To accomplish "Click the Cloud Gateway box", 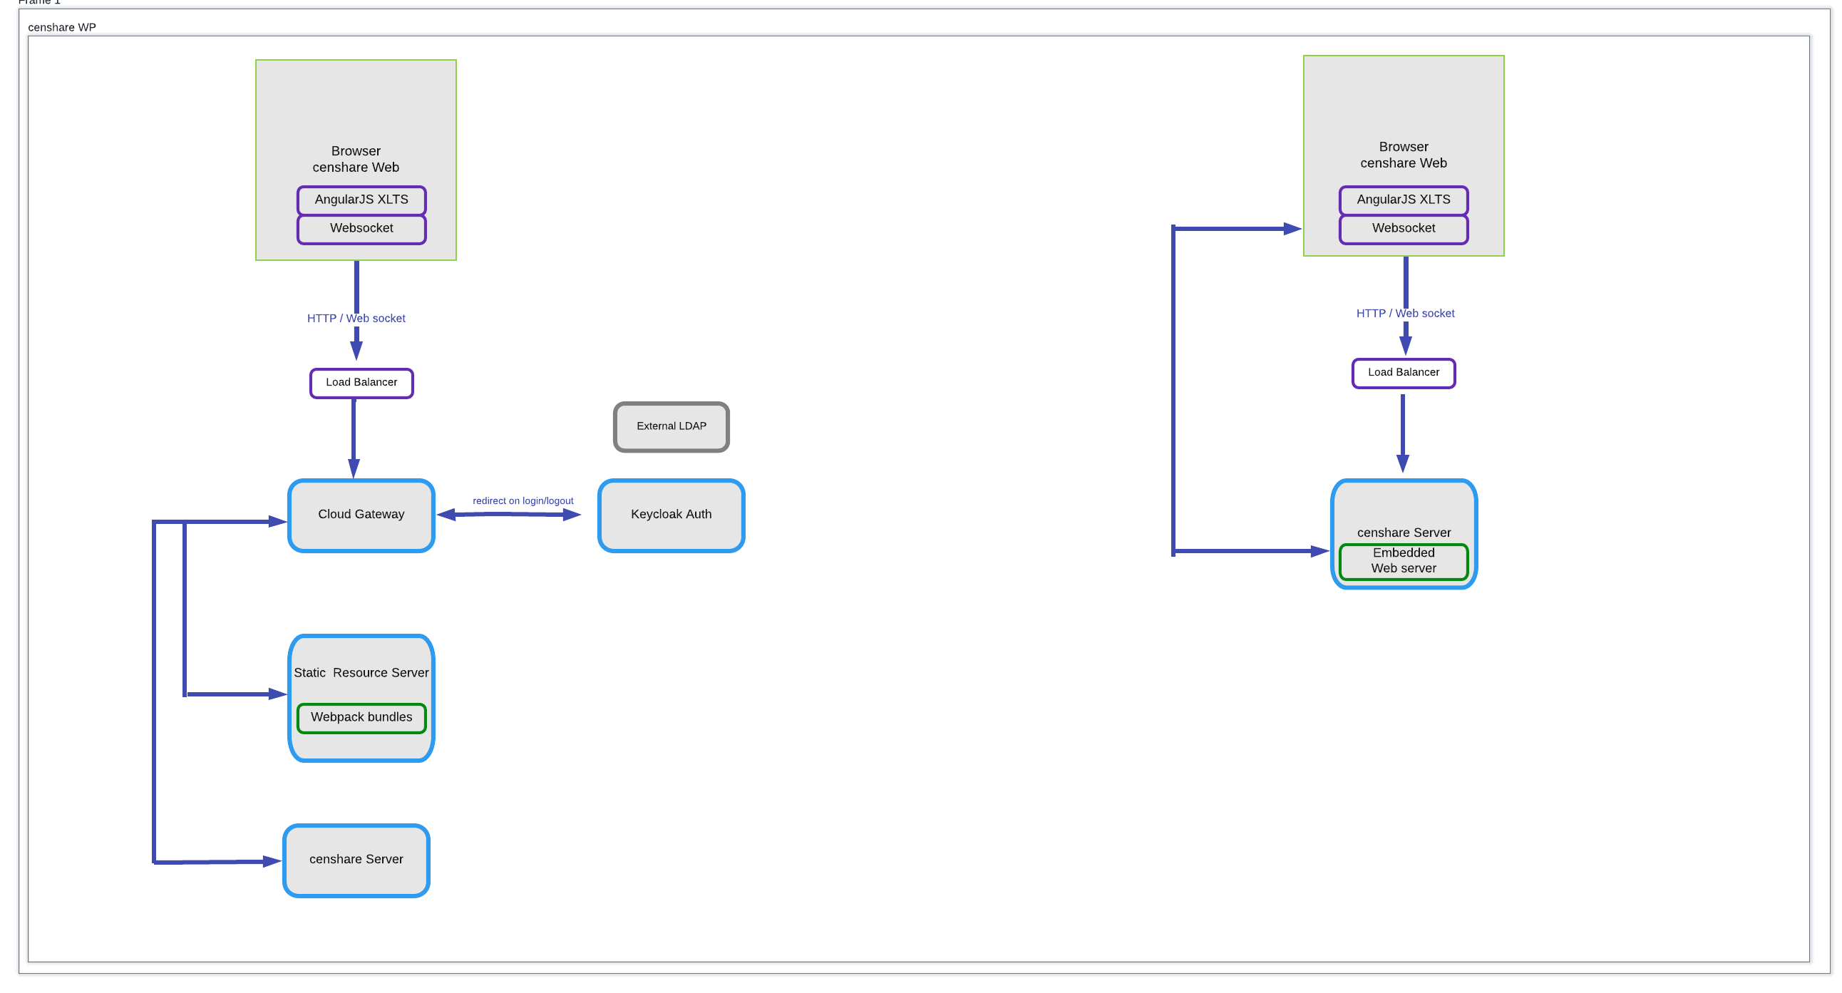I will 361,515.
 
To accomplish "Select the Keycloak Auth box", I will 671,515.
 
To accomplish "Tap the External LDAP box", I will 671,426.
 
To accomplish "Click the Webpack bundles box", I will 361,717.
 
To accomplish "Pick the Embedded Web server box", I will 1403,560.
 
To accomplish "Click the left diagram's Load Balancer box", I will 361,383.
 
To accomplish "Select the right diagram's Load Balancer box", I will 1403,373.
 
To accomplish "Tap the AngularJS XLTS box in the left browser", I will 361,200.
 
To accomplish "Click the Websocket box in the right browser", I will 1403,228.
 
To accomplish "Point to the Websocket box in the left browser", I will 361,228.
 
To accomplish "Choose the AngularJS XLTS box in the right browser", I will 1403,200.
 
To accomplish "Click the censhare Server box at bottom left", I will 356,859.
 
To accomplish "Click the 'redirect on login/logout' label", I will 523,500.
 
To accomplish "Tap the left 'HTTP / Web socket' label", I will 356,318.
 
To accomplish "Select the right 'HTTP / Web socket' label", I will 1404,313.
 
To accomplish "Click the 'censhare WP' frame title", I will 61,27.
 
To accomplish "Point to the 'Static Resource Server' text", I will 361,673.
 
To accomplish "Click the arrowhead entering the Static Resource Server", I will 277,694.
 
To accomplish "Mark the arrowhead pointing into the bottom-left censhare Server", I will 272,861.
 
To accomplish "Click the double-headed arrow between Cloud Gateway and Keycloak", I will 508,515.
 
